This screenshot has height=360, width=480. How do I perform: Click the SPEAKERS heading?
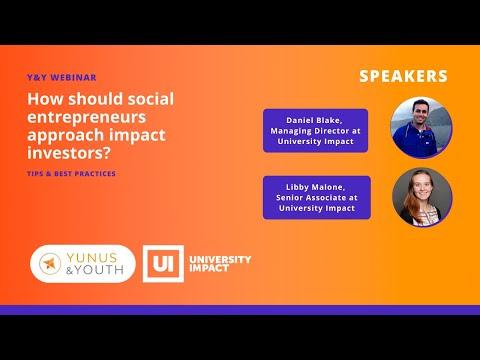(x=403, y=76)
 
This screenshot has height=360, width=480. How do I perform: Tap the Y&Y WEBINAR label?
(x=62, y=77)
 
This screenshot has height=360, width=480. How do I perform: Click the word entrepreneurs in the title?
(x=87, y=118)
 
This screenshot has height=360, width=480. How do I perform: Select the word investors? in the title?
(x=69, y=153)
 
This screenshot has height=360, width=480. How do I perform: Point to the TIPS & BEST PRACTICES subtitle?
(x=71, y=173)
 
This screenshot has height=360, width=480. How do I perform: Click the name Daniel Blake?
(x=314, y=120)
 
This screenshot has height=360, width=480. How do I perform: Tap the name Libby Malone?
(x=315, y=187)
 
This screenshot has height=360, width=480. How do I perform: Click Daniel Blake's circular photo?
(x=422, y=128)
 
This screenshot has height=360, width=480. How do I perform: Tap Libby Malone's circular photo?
(x=422, y=197)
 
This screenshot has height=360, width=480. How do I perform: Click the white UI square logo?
(x=163, y=264)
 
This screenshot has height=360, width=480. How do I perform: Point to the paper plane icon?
(x=49, y=263)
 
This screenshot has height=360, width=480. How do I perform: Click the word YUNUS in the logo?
(x=92, y=258)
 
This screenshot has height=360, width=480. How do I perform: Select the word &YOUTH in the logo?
(x=95, y=270)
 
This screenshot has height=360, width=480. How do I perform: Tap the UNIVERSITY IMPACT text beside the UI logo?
(x=220, y=264)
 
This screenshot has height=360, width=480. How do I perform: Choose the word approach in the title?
(x=66, y=135)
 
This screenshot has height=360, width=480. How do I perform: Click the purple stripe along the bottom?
(x=240, y=310)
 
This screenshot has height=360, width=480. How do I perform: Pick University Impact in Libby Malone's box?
(x=317, y=208)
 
